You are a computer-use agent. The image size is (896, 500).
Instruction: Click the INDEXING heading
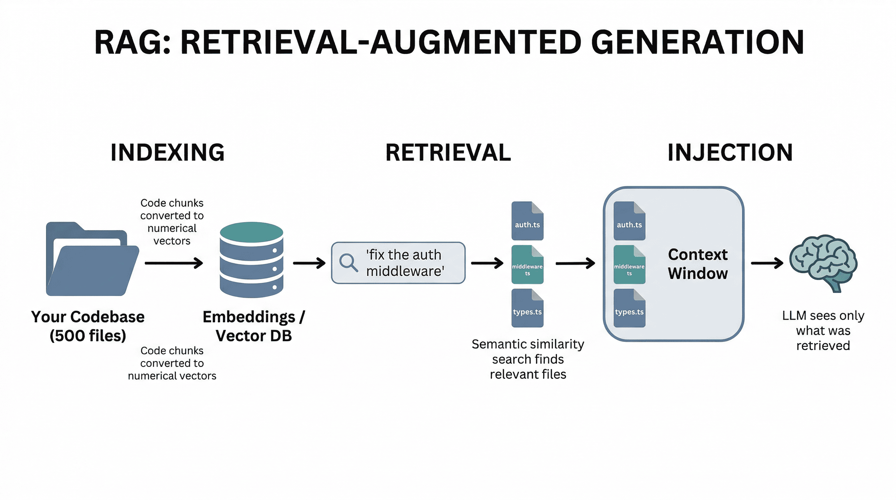pos(167,152)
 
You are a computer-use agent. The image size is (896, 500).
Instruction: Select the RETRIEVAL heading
pos(448,152)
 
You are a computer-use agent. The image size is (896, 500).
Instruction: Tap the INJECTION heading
pos(730,152)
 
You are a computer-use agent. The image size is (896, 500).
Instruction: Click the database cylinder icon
pos(251,260)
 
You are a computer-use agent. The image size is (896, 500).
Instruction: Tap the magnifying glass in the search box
pos(348,262)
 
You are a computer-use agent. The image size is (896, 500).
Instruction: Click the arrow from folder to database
pos(174,263)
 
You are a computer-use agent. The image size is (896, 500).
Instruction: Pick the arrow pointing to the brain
pos(767,263)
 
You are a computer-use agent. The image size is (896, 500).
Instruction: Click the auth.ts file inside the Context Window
pos(629,221)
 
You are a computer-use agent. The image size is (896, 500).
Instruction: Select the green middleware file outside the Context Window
pos(527,265)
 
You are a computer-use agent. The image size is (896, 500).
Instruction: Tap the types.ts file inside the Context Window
pos(629,308)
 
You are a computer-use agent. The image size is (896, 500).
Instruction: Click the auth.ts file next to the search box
pos(527,221)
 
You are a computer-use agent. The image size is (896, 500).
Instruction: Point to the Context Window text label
pos(697,264)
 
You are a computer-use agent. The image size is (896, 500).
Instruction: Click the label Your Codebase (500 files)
pos(88,326)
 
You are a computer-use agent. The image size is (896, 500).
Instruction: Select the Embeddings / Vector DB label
pos(254,326)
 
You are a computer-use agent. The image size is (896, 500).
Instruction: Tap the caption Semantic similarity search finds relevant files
pos(528,359)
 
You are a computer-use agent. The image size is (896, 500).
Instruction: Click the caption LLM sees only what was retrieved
pos(823,330)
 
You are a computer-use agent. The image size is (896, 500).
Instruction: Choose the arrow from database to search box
pos(309,263)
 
